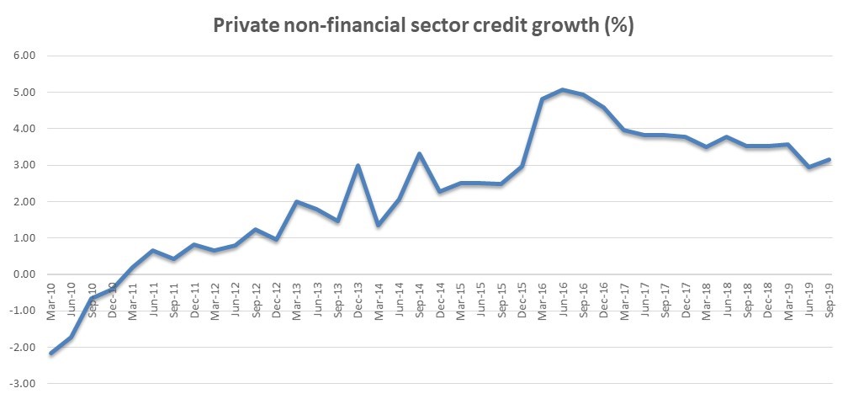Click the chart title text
click(423, 26)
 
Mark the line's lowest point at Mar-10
click(51, 354)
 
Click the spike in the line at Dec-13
click(358, 166)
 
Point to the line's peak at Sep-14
click(420, 154)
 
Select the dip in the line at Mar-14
click(379, 225)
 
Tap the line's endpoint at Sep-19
click(829, 159)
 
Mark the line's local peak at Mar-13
click(297, 202)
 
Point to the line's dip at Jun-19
click(808, 168)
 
